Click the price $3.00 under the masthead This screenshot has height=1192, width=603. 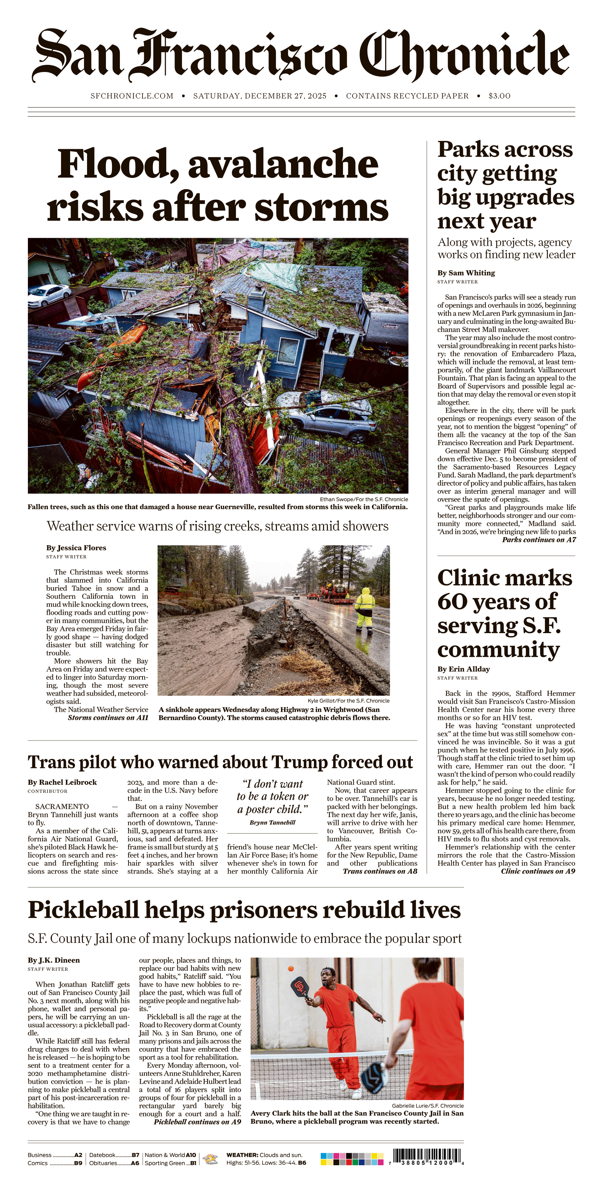point(499,96)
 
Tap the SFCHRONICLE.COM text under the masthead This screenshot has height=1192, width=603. point(132,96)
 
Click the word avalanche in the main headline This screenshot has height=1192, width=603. point(283,164)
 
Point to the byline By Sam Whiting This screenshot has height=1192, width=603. point(466,272)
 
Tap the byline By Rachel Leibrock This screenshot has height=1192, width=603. point(62,782)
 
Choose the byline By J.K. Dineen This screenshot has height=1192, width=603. point(54,960)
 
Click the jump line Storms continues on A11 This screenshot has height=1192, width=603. point(108,718)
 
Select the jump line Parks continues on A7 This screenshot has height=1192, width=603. point(539,540)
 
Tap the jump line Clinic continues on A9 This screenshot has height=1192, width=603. point(538,871)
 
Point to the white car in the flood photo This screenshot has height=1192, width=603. point(48,294)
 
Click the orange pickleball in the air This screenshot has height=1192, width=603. point(291,968)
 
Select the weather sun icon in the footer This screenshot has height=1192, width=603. point(211,1159)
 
